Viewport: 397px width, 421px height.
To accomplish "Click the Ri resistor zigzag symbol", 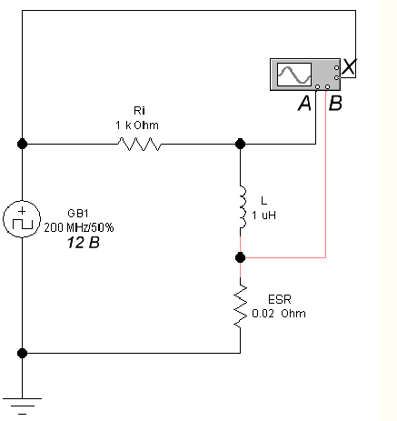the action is [x=139, y=144].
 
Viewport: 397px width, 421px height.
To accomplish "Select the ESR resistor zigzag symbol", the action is [x=241, y=306].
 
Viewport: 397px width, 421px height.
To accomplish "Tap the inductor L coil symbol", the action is [x=243, y=207].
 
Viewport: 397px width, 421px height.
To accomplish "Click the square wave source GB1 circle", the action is [x=22, y=219].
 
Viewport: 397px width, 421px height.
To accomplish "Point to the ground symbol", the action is [x=22, y=406].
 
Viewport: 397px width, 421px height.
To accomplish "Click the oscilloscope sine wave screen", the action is [x=294, y=75].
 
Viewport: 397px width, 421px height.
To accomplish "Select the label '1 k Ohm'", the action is [x=137, y=125].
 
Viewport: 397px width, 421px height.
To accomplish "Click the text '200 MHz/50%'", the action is [x=79, y=227].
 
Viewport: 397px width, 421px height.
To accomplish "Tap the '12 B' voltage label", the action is [x=84, y=243].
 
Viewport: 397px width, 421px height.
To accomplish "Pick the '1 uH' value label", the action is [x=263, y=216].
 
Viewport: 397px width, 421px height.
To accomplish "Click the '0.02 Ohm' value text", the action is [x=279, y=313].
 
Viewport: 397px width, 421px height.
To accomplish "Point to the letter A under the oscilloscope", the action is [x=304, y=103].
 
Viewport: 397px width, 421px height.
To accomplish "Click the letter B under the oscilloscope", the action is [x=335, y=103].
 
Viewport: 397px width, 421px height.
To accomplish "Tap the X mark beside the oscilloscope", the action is [x=349, y=67].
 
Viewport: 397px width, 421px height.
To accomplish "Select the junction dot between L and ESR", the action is [x=240, y=257].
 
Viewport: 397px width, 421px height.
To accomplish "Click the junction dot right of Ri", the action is [x=240, y=144].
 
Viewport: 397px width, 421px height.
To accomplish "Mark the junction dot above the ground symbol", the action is [x=22, y=353].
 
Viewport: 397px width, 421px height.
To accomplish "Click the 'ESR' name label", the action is [x=280, y=299].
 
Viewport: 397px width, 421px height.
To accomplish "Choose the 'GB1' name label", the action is [x=78, y=214].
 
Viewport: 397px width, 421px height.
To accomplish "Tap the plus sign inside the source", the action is [x=22, y=211].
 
